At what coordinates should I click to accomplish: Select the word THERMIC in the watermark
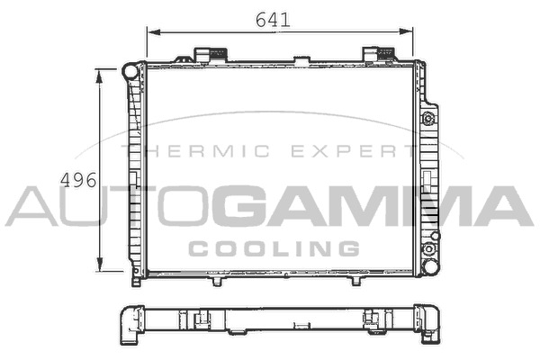tap(194, 151)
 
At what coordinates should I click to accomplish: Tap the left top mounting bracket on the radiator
tap(209, 54)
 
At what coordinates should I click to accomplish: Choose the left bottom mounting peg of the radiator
tap(216, 281)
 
